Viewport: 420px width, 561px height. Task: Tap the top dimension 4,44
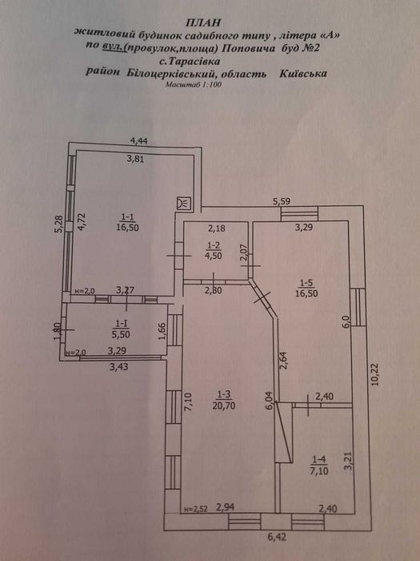coord(141,142)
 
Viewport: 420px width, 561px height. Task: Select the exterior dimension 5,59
coord(281,201)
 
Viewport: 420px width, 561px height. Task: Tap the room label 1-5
coord(306,282)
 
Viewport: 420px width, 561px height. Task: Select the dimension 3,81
coord(138,158)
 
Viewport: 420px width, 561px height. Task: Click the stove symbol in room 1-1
coord(184,202)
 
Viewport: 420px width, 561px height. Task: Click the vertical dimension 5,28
coord(58,224)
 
